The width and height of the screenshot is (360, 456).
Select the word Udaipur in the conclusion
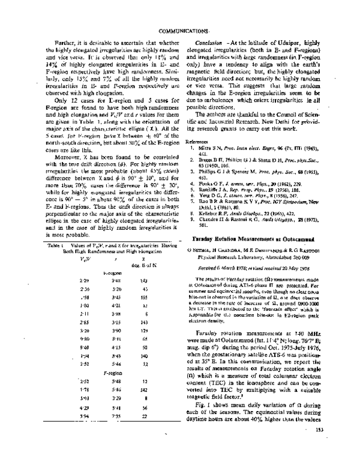click(x=295, y=44)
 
